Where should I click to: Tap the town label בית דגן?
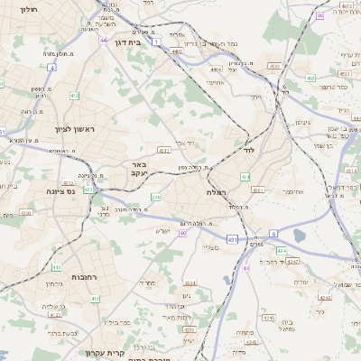131,42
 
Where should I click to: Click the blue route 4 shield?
52,68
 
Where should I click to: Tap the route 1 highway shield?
157,42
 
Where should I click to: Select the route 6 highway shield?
273,233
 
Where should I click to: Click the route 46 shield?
319,15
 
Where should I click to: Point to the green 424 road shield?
282,250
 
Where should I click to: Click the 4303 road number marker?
164,151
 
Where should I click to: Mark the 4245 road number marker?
268,318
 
